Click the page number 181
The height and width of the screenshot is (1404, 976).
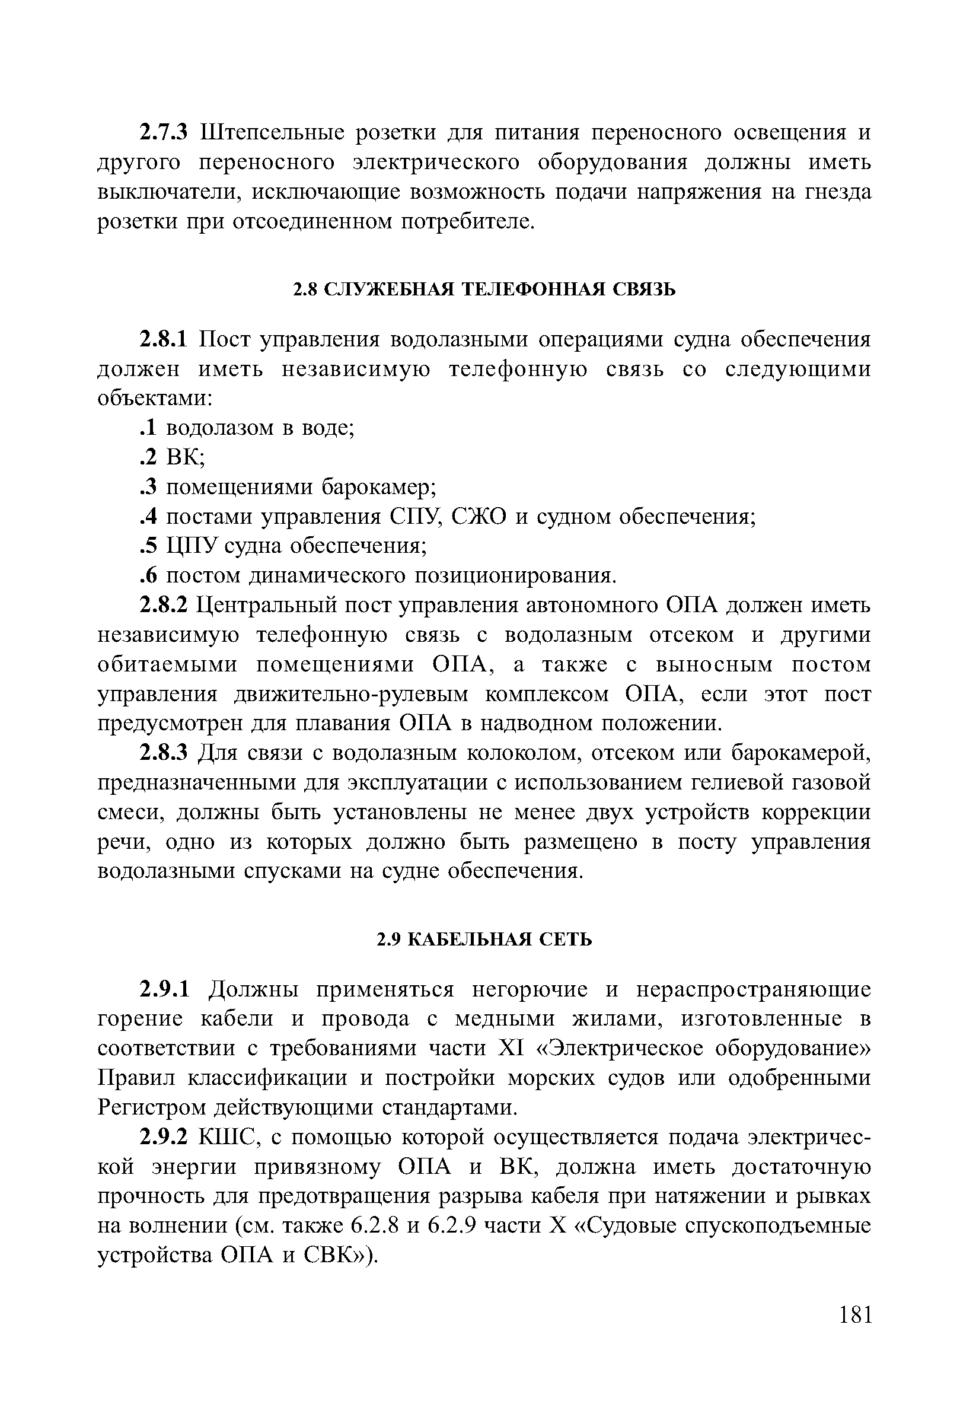point(854,1330)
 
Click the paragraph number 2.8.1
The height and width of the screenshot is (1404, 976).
point(165,339)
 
